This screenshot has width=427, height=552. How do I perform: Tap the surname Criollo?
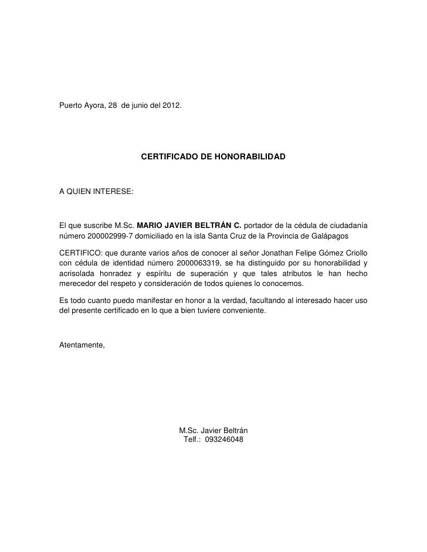[x=354, y=252]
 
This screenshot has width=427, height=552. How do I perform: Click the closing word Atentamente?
[x=83, y=343]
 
